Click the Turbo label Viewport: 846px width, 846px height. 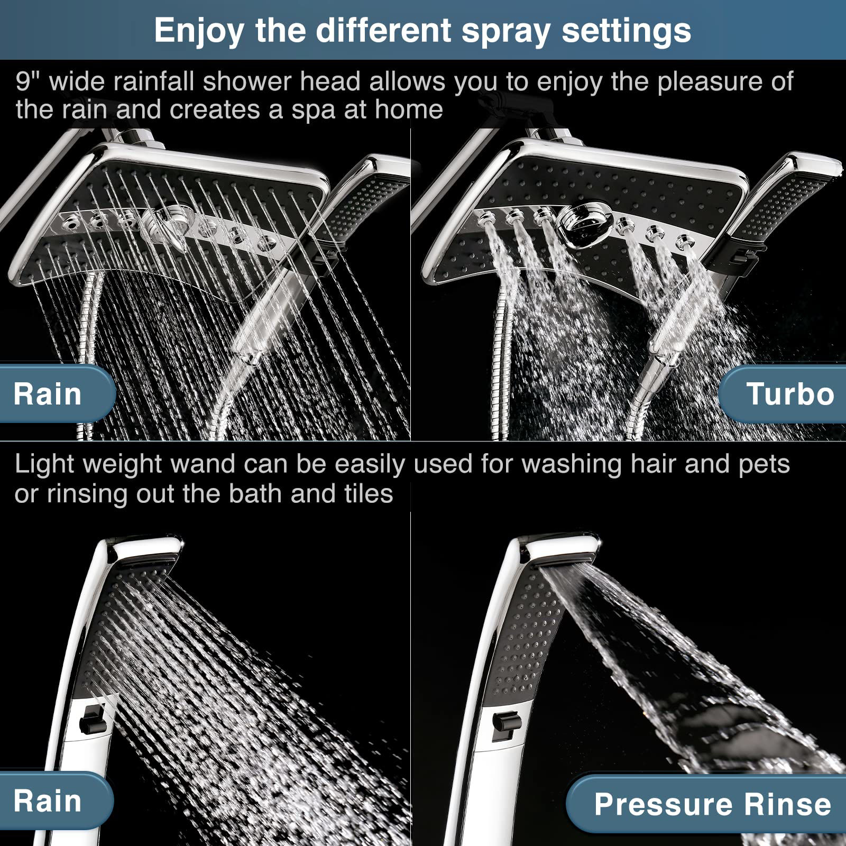(790, 394)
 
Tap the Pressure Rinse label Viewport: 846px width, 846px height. (712, 804)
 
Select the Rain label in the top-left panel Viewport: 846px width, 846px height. (48, 394)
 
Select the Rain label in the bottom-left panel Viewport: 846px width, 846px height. (48, 801)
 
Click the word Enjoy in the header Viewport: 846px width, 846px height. (199, 30)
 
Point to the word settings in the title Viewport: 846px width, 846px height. (626, 30)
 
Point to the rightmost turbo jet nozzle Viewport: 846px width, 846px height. (685, 242)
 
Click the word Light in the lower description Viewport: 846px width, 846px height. (44, 464)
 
